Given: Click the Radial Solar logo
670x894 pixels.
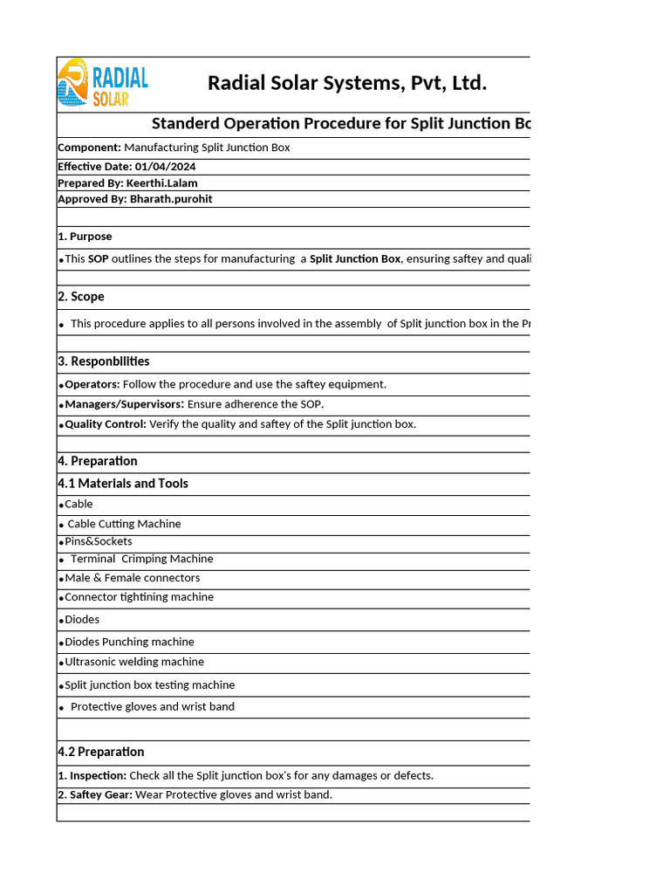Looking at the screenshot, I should tap(103, 83).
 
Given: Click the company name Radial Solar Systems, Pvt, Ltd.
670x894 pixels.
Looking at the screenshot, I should tap(346, 83).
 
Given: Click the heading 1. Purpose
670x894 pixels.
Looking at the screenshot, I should tap(85, 237).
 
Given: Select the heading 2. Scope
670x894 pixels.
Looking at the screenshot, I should tap(81, 297).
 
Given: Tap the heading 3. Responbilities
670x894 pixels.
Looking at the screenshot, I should tap(103, 361).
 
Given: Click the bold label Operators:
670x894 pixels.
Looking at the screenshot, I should tap(92, 384).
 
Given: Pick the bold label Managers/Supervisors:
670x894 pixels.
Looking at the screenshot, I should tap(124, 404).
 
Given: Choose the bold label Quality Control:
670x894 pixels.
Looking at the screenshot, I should tap(106, 424).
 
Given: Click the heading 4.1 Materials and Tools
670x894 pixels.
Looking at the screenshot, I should tap(123, 484).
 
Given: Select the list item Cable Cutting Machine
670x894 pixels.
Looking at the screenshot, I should tap(124, 524).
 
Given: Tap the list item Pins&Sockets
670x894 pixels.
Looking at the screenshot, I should tap(99, 541).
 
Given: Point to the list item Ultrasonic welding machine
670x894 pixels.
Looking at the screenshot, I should tap(134, 662).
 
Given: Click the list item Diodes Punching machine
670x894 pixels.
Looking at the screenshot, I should tap(129, 642).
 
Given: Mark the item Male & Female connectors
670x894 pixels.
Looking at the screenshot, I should tap(132, 578).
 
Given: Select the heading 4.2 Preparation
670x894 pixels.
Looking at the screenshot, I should tap(101, 752).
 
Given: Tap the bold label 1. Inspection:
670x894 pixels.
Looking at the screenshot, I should tap(92, 775).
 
